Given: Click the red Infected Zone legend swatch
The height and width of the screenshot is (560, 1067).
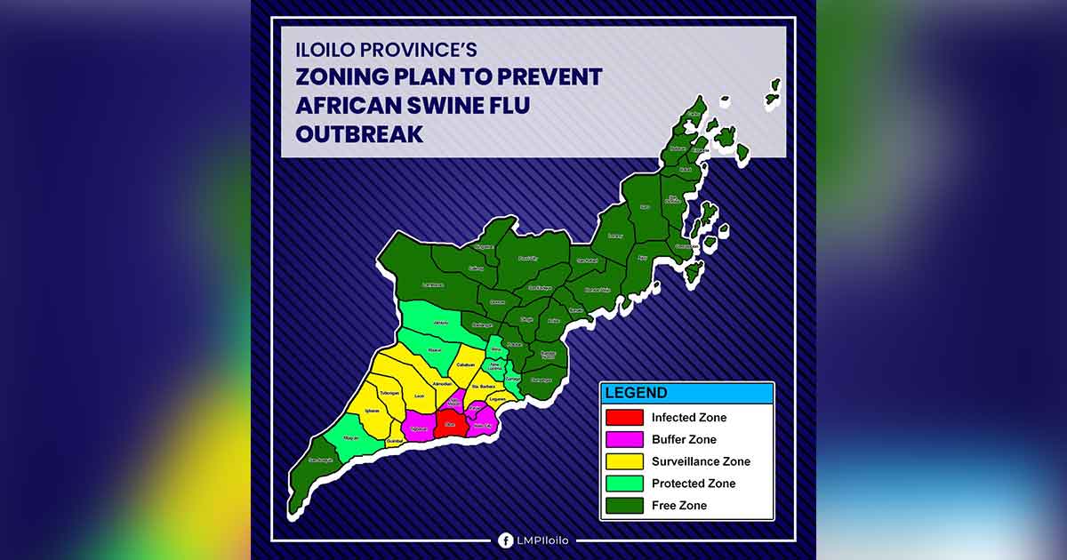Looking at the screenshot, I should tap(624, 417).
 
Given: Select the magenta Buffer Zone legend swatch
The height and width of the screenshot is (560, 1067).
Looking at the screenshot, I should tap(624, 439).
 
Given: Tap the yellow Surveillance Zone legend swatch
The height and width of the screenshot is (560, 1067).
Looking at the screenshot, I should tap(624, 461).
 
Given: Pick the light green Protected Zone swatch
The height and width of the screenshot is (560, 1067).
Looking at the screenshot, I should tap(624, 484).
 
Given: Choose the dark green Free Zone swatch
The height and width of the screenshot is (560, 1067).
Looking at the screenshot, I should tap(624, 505).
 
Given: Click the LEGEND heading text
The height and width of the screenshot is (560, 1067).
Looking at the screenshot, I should tap(635, 393).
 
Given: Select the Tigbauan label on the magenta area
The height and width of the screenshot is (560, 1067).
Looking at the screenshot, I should tap(421, 428).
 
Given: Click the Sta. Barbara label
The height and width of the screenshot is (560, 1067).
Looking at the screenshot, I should tap(482, 386).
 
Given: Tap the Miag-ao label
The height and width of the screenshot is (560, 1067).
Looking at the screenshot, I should tap(351, 437).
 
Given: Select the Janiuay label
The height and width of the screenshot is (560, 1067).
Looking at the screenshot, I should tap(440, 323).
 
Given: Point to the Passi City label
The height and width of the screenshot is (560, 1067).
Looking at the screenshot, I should tap(528, 258).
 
